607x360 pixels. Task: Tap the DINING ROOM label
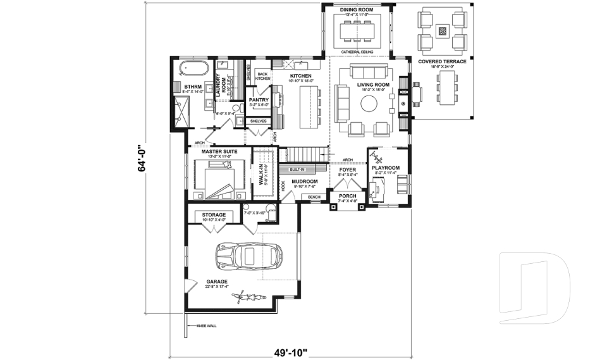(x=357, y=11)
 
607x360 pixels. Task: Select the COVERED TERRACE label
(x=442, y=61)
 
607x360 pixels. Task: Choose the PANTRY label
(x=259, y=99)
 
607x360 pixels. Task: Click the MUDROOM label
(x=305, y=181)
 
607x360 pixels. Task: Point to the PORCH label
(x=346, y=196)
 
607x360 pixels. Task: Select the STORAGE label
(x=214, y=215)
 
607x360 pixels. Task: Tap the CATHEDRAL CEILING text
(x=357, y=51)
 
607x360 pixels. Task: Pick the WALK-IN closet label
(x=260, y=173)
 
